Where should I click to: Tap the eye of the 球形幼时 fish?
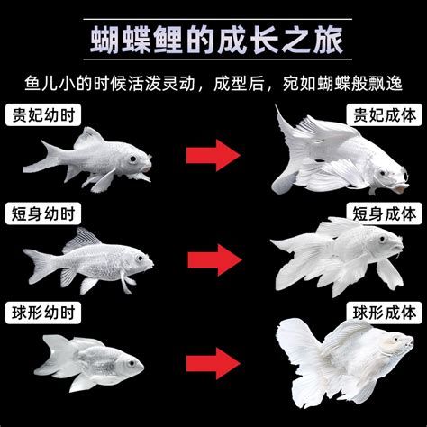pos(131,362)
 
